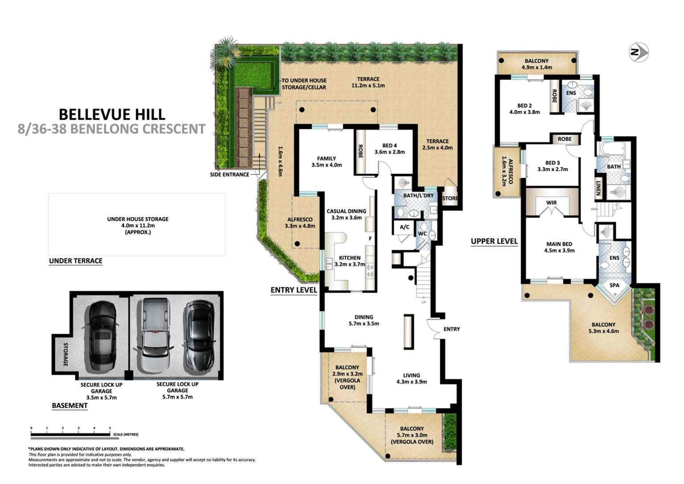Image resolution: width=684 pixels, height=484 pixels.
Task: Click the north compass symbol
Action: coord(638,52)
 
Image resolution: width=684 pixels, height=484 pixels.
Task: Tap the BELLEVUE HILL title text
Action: coord(112,114)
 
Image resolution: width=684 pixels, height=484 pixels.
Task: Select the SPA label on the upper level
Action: coord(614,285)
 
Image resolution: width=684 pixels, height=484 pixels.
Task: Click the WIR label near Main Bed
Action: coord(552,203)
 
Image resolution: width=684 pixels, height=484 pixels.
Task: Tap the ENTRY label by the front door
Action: coord(451,329)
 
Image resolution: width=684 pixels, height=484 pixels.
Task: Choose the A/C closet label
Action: coord(404,227)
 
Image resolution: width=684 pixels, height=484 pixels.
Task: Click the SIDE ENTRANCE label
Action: coord(230,174)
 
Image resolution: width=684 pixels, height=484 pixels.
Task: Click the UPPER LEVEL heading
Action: coord(494,241)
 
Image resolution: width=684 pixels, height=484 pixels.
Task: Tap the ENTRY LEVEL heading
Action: coord(293,290)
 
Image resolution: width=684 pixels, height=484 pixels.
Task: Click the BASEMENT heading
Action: coord(70,405)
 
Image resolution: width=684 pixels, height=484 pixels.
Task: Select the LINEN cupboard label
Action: coord(598,187)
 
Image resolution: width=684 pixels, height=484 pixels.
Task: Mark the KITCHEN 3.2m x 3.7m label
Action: coord(350,261)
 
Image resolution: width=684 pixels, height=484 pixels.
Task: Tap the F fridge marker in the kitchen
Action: coord(370,239)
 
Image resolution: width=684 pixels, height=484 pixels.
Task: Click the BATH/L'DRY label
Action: coord(418,195)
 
